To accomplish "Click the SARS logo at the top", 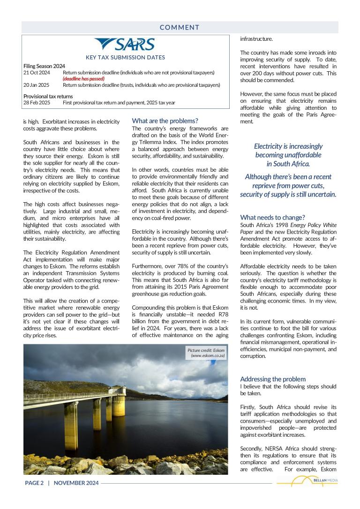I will pos(125,45).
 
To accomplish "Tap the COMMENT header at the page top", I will pos(180,27).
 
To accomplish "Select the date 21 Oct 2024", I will pos(37,73).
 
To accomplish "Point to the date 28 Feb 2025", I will pos(37,102).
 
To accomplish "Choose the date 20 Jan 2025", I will pos(37,85).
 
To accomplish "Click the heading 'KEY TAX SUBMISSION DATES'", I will pos(125,58).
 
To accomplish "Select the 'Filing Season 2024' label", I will pos(44,66).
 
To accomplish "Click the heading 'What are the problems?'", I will pos(165,121).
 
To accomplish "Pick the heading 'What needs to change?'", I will pos(272,217).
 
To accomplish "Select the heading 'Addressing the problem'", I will pos(273,379).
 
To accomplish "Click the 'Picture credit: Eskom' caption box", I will pos(206,353).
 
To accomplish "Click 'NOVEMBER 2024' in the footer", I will pos(76,483).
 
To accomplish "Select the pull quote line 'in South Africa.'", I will pos(288,164).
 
